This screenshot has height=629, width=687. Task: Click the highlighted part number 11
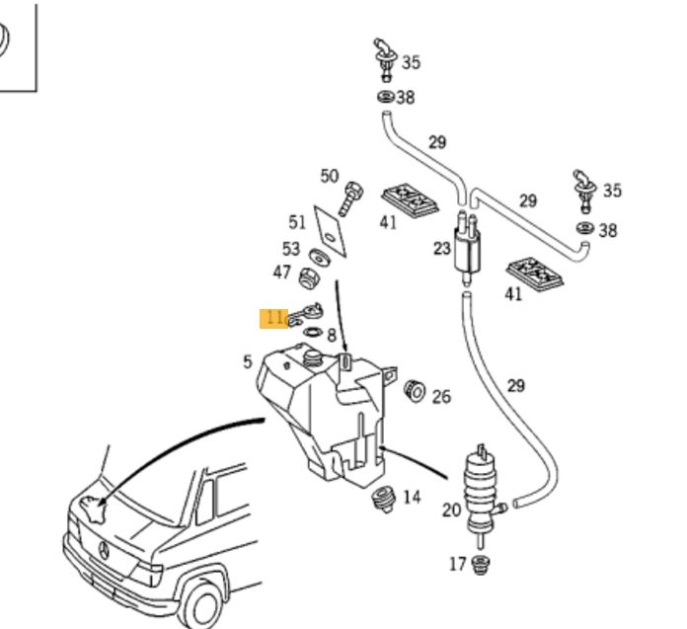tap(273, 318)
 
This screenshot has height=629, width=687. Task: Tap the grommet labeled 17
tap(482, 566)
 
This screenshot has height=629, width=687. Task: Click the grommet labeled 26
tap(416, 392)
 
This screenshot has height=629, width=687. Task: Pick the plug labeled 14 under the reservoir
tap(384, 500)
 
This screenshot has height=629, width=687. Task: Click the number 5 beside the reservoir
tap(248, 362)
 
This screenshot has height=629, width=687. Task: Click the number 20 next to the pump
tap(451, 511)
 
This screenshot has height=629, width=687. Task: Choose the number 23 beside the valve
tap(441, 249)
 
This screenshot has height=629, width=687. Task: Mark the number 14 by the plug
tap(412, 497)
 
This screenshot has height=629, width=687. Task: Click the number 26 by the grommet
tap(441, 397)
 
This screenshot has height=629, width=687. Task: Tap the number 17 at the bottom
tap(457, 565)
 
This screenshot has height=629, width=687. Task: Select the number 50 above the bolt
tap(330, 177)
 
